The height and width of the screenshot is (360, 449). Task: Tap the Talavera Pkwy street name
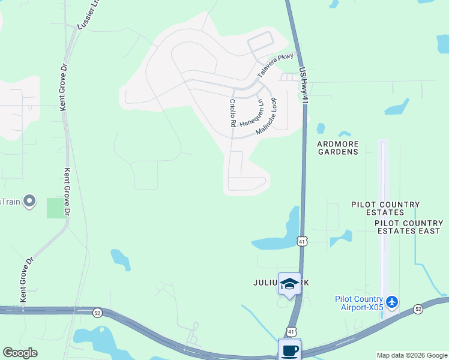[x=276, y=65]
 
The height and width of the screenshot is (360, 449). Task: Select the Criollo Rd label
[x=232, y=113]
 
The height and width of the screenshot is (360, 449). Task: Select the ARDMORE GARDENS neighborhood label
[x=338, y=148]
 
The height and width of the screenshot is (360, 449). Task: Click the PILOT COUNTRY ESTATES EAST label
[x=409, y=227]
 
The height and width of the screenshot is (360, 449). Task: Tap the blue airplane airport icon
[x=392, y=302]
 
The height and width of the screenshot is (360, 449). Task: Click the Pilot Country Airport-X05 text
[x=359, y=304]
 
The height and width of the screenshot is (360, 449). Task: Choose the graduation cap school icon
[x=289, y=284]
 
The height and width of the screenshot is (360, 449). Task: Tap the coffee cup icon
[x=289, y=350]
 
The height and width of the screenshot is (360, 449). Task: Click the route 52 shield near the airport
[x=418, y=308]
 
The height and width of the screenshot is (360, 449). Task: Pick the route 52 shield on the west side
[x=97, y=313]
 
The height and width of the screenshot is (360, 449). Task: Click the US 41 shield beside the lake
[x=303, y=241]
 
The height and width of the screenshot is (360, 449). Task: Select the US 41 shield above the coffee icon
[x=291, y=331]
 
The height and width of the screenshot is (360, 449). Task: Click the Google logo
[x=20, y=353]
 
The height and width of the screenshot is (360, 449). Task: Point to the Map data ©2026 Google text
[x=411, y=355]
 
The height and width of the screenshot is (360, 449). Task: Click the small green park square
[x=55, y=208]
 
